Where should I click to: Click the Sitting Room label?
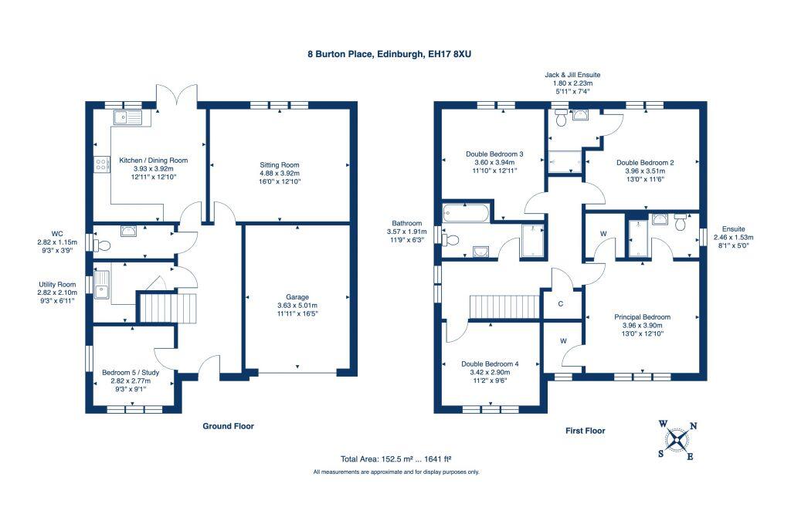280,164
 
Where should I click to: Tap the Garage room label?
297,297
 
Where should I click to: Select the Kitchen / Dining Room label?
154,161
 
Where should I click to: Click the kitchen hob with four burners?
102,164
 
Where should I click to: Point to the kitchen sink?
129,118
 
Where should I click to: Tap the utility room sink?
101,285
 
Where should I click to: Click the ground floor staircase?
168,308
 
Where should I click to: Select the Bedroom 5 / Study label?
131,373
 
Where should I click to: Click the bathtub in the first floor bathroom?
466,213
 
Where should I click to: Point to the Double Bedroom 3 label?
494,154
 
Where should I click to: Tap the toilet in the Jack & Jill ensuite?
561,119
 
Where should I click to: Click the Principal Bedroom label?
642,317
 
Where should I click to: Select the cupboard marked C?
561,304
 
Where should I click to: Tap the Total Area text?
395,459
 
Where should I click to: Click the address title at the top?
389,54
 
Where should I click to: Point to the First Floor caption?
586,431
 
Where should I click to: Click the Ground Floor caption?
228,426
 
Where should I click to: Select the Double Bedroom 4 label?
490,364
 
